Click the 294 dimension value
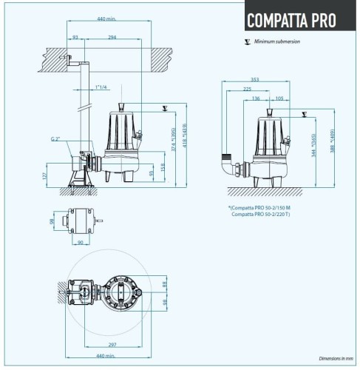(111, 36)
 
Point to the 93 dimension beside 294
(75, 36)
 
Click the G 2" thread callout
(55, 138)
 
